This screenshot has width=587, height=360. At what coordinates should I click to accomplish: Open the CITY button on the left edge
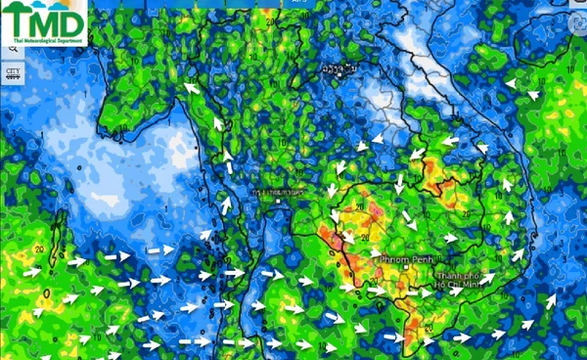[13, 72]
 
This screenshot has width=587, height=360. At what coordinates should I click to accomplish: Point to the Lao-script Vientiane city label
[339, 69]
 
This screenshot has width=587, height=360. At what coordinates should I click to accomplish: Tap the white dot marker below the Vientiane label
[338, 78]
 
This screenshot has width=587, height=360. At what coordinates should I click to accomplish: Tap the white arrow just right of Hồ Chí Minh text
[489, 278]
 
